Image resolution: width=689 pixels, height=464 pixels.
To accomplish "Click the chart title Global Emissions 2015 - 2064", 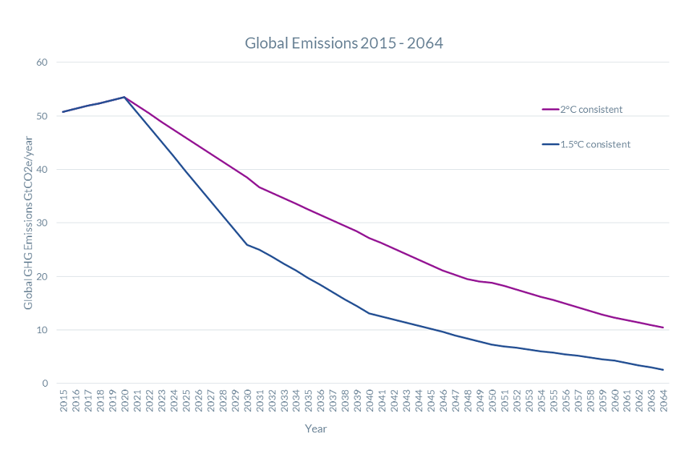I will (343, 43).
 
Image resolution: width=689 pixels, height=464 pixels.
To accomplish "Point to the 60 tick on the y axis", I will (42, 62).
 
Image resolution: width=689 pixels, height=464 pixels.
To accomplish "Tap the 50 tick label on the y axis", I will (42, 116).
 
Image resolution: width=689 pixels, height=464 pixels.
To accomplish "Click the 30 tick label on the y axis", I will (42, 223).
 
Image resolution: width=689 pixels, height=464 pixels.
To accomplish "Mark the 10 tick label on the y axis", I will (42, 330).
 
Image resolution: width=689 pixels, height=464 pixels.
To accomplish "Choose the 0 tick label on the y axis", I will (45, 383).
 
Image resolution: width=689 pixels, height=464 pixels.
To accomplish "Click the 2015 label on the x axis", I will (64, 402).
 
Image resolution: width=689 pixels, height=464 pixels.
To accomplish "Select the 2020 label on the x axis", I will (124, 402).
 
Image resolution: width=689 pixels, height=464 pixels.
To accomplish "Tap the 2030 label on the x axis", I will (247, 402).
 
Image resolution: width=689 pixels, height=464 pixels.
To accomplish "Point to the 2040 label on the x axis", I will (369, 402).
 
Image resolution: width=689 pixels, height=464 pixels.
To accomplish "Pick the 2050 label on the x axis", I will (491, 402).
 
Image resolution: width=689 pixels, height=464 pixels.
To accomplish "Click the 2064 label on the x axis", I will (662, 402).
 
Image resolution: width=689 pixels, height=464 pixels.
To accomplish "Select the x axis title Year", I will (315, 429).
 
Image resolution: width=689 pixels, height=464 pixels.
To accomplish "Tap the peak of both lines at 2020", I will (124, 97).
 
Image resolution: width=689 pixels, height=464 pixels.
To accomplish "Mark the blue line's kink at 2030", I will (247, 244).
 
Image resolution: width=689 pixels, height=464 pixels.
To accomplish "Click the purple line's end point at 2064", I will (662, 327).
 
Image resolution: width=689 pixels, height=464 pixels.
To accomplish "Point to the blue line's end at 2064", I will (662, 369).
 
